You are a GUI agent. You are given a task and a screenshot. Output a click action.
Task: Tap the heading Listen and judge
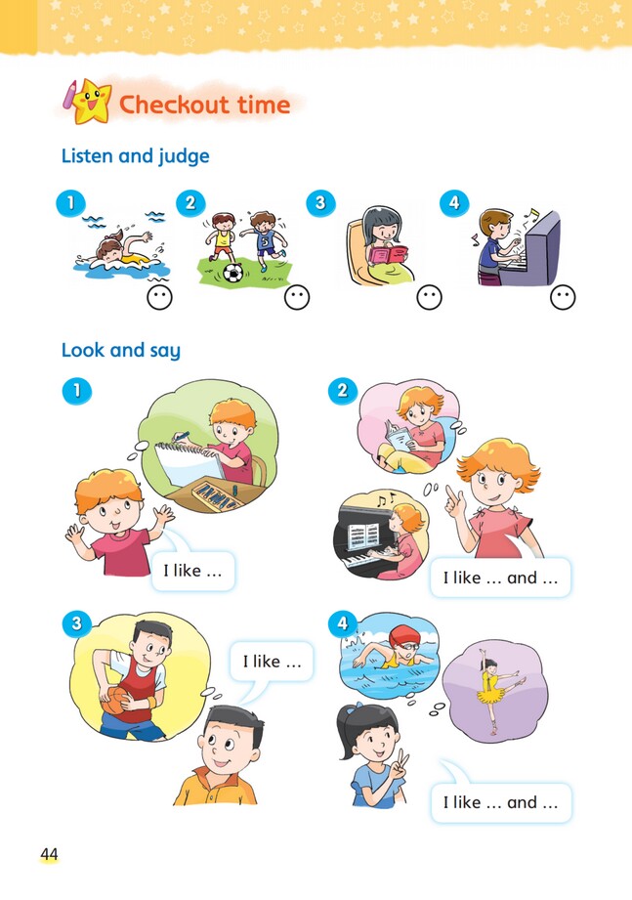tap(136, 156)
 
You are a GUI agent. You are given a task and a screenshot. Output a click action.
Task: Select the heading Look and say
tap(121, 350)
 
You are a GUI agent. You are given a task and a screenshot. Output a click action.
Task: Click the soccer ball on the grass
tap(232, 273)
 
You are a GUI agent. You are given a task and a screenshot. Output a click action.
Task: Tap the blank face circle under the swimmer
tap(159, 298)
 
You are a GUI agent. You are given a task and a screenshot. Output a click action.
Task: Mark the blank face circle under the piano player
tap(563, 297)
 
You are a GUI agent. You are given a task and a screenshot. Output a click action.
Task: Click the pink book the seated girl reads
tap(389, 254)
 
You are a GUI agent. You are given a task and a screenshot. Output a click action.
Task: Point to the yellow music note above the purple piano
tap(534, 214)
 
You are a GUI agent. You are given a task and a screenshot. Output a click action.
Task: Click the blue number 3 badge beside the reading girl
tap(320, 202)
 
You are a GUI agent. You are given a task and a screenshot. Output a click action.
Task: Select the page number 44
tap(49, 855)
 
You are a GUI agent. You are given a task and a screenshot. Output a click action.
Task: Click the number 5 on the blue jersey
tap(265, 242)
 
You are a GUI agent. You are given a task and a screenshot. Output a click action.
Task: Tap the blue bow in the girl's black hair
tap(358, 707)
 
